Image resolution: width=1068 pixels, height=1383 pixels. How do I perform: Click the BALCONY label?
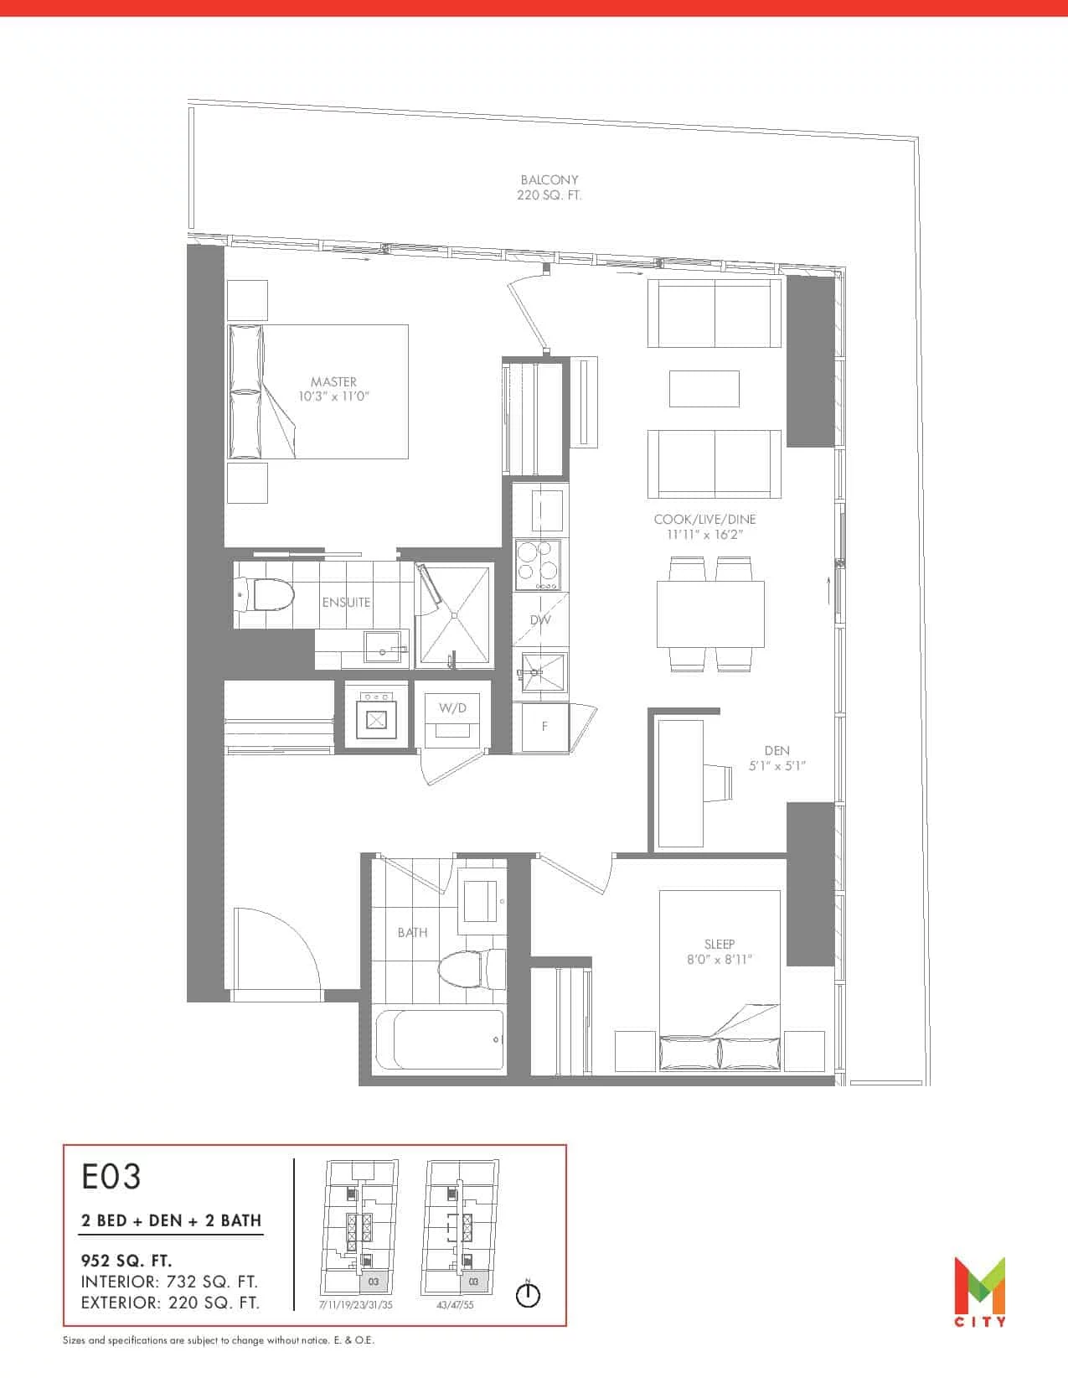(549, 180)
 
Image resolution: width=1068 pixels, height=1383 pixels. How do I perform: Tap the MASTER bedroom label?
(333, 382)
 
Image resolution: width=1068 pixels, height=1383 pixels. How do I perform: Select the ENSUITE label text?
(346, 602)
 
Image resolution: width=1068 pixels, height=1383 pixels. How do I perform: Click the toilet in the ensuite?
(265, 596)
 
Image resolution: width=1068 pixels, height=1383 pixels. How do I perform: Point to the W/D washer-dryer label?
(452, 707)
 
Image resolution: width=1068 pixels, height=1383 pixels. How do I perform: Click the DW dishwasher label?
(540, 619)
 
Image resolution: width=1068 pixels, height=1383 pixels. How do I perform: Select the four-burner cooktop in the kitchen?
(538, 565)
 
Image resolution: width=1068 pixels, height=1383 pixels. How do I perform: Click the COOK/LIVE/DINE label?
(704, 520)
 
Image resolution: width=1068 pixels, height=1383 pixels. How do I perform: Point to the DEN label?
(776, 751)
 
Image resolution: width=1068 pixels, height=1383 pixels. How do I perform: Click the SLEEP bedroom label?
(720, 945)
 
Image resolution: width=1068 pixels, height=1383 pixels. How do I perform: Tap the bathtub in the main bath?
(440, 1040)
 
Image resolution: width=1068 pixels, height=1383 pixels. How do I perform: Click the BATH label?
(412, 932)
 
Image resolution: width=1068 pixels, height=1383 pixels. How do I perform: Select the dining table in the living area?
(710, 614)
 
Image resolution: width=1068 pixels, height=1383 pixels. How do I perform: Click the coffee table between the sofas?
(704, 389)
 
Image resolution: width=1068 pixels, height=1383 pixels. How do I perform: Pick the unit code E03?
(111, 1177)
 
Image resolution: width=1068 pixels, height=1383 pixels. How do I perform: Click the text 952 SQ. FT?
(126, 1261)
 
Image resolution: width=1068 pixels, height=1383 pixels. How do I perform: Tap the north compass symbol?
(528, 1294)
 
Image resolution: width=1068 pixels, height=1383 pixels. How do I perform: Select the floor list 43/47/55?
(455, 1305)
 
